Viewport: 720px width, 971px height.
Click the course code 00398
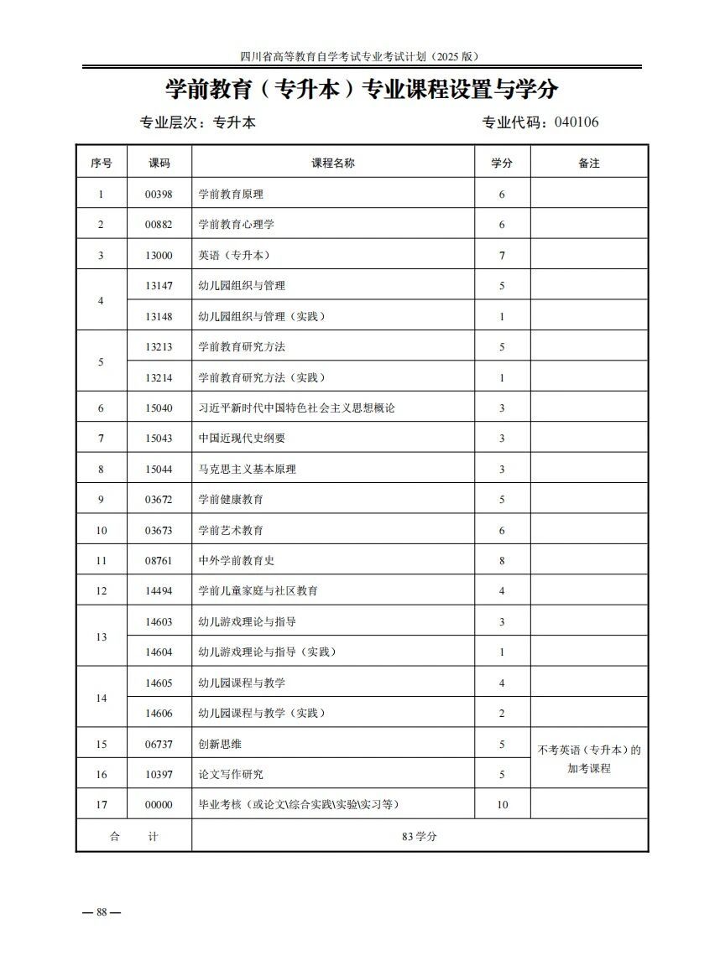tap(159, 194)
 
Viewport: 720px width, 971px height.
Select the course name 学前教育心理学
tap(236, 225)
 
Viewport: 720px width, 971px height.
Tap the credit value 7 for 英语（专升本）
tap(502, 256)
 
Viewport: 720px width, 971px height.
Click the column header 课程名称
tap(333, 164)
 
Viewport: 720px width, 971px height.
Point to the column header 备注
tap(589, 164)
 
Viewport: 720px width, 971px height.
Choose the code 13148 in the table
tap(159, 317)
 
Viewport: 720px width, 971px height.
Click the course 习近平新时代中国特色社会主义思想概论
tap(296, 408)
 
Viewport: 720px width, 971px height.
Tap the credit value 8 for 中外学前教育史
tap(502, 561)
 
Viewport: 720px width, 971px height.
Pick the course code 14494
tap(159, 591)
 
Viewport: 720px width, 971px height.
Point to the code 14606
tap(159, 714)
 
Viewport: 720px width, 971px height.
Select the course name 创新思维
tap(220, 744)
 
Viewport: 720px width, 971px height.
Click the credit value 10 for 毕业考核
tap(502, 805)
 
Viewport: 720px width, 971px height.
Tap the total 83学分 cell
tap(420, 836)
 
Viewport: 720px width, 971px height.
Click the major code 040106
tap(577, 122)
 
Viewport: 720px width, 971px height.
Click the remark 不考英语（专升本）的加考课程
tap(589, 759)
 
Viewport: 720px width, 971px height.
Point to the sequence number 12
tap(102, 591)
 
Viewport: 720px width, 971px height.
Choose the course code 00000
tap(159, 805)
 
